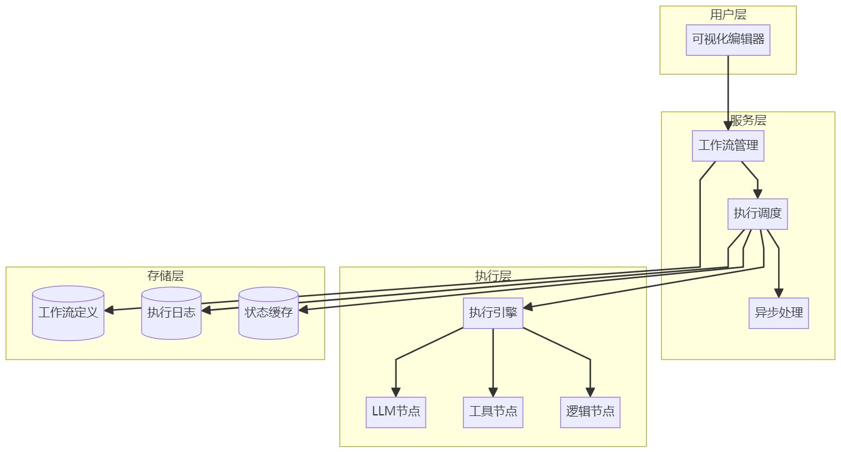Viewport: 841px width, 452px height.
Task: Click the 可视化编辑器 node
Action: point(728,40)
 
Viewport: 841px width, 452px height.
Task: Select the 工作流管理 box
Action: point(728,146)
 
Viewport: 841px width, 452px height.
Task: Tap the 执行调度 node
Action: point(757,214)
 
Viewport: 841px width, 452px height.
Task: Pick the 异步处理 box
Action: point(778,313)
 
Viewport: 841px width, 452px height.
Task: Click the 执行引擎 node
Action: point(493,313)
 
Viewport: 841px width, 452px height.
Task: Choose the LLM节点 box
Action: point(395,412)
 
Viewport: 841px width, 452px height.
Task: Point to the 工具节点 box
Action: point(493,412)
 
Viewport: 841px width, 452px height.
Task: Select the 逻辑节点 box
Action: point(590,412)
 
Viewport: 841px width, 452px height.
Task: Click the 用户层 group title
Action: point(728,15)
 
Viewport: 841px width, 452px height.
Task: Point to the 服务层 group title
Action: point(748,120)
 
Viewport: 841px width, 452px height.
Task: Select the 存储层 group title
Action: point(165,275)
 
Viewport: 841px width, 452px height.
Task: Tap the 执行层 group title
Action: point(493,275)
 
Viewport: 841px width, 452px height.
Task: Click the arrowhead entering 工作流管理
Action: point(728,126)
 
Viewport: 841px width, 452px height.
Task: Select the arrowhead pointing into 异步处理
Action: point(778,293)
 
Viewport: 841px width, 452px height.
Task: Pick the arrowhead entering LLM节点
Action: point(395,392)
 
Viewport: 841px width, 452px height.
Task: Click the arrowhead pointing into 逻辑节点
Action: point(590,392)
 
